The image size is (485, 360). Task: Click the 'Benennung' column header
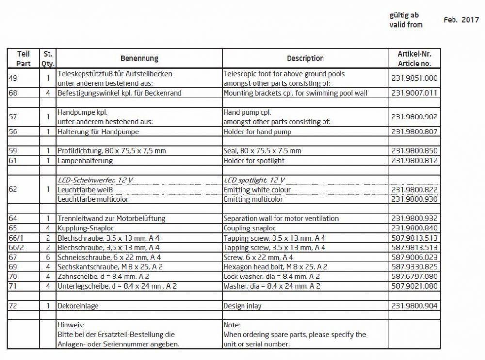[x=139, y=58]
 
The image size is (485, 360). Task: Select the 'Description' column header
[x=305, y=58]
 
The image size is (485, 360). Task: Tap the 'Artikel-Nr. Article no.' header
[x=414, y=59]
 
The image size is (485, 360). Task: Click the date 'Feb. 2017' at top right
[x=461, y=20]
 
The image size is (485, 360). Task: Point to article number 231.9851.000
[x=414, y=78]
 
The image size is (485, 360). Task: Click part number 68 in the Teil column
[x=14, y=93]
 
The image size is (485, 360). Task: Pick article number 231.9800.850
[x=414, y=151]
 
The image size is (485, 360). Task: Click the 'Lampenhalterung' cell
[x=85, y=161]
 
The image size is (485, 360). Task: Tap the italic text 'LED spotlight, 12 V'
[x=254, y=180]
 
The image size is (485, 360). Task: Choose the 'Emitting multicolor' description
[x=253, y=199]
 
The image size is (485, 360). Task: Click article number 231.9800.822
[x=414, y=190]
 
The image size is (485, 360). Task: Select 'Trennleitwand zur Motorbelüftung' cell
[x=112, y=219]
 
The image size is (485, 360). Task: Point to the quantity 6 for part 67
[x=48, y=257]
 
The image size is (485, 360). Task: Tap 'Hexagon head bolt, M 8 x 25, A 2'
[x=275, y=267]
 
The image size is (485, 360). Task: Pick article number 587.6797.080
[x=414, y=277]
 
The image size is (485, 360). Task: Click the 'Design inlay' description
[x=242, y=306]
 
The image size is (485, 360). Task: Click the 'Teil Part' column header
[x=23, y=59]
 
